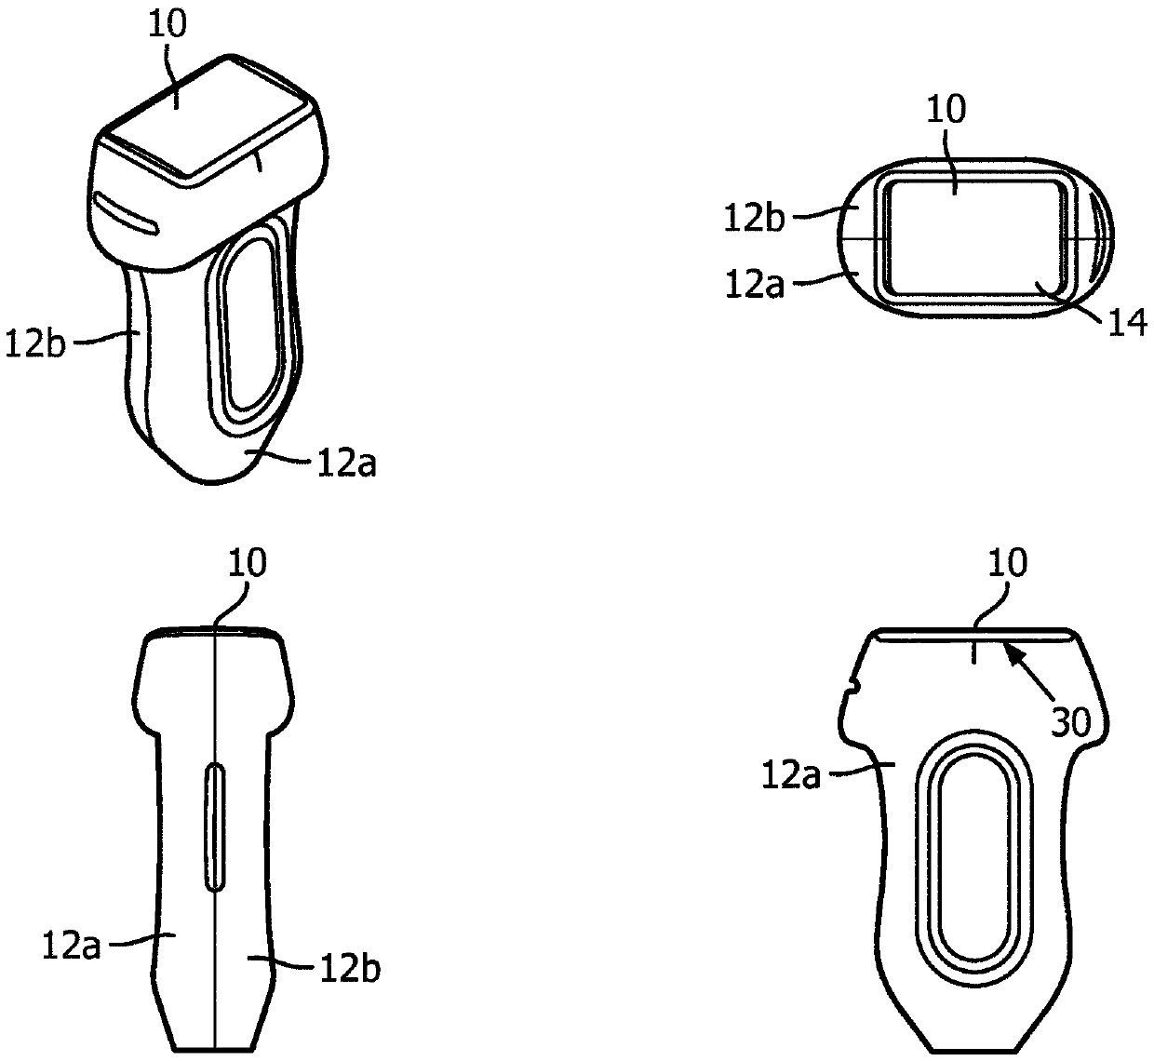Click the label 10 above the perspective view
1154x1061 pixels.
[168, 26]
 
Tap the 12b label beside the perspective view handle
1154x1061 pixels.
[35, 344]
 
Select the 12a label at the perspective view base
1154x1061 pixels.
[346, 463]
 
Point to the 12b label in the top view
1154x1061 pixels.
[754, 219]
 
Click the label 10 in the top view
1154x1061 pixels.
[946, 109]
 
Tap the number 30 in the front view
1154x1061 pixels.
[1070, 721]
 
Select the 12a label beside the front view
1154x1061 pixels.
[791, 775]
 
